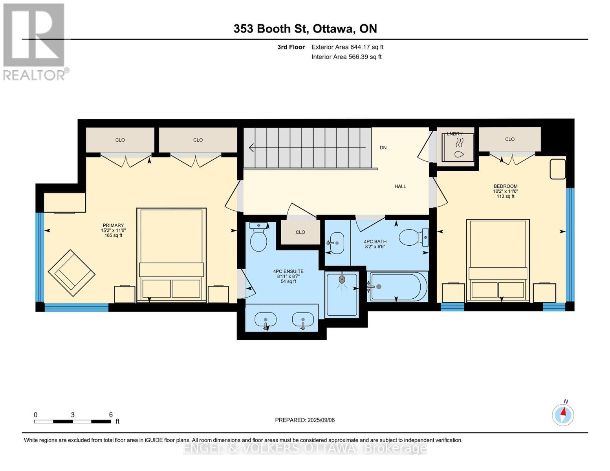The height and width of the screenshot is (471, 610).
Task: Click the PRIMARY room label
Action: coord(113,225)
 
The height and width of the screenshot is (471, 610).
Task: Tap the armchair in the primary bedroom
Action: coord(71,273)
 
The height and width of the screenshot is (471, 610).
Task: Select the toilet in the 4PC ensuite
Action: coord(258,237)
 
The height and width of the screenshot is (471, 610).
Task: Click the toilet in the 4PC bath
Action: coord(414,237)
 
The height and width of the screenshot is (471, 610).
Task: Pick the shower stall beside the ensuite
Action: coord(342,294)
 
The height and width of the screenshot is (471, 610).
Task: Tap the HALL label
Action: coord(400,186)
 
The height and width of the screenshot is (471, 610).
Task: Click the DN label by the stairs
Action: coord(383,148)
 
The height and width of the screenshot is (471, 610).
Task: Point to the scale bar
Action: coord(73,421)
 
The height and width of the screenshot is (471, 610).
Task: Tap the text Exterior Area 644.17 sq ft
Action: coord(347,47)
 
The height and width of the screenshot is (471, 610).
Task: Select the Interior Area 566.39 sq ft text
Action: coord(346,57)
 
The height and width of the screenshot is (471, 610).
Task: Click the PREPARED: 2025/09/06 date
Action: coord(304,420)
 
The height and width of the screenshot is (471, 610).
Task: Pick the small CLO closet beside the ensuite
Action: coord(300,232)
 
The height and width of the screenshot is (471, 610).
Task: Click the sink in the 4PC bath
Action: coord(336,243)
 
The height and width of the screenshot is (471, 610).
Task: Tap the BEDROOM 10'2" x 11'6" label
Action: coord(505,189)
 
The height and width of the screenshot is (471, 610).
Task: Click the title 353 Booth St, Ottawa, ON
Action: coord(305,29)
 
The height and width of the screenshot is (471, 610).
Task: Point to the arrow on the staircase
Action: coord(308,148)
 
